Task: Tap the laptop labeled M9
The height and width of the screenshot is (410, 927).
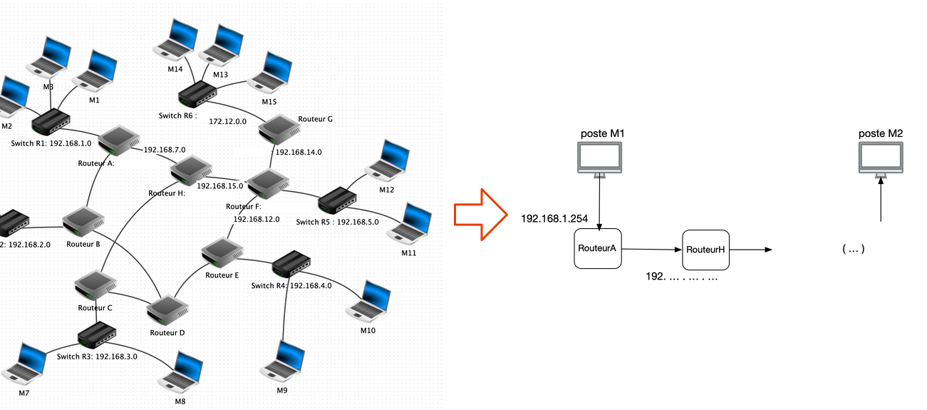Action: point(284,361)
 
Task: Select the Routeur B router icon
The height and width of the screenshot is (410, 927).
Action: point(83,222)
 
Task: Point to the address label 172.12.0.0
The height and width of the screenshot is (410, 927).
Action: point(228,121)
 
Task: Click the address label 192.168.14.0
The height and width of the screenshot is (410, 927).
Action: point(299,152)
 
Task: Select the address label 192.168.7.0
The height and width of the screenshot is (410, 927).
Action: point(165,150)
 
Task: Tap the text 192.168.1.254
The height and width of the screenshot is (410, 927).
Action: point(554,218)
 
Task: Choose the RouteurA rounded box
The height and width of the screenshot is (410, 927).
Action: point(598,249)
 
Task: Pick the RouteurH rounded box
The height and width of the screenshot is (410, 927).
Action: point(705,250)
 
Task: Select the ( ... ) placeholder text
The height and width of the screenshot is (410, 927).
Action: point(853,249)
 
